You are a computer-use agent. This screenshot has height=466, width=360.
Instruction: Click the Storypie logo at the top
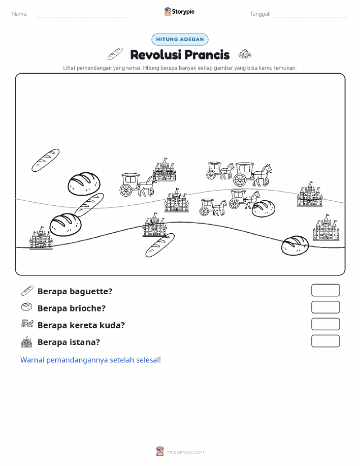pos(179,12)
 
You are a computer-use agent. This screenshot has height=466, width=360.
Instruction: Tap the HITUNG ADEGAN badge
pos(180,39)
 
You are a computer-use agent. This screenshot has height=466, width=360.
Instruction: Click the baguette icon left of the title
pos(115,53)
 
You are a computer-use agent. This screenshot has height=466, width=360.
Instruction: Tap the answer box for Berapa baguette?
pos(325,290)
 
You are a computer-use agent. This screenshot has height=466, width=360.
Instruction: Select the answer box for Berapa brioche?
pos(325,307)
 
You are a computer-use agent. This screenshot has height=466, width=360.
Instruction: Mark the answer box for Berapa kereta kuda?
pos(325,324)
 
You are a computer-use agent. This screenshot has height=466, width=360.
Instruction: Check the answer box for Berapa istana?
pos(325,341)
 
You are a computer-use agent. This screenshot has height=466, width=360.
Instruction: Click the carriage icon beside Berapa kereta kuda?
pos(27,323)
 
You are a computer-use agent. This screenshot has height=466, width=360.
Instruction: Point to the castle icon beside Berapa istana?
pos(27,342)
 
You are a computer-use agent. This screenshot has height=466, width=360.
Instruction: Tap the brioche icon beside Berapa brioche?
pos(27,307)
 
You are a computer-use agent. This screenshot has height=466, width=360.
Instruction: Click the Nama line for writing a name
pos(83,17)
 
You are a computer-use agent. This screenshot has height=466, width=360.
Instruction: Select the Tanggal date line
pos(311,17)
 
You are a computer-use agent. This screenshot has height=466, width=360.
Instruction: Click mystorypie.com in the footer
pos(185,452)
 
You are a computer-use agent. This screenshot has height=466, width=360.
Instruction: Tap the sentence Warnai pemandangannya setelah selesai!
pos(90,360)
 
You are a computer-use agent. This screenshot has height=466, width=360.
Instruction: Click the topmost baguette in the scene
pos(46,160)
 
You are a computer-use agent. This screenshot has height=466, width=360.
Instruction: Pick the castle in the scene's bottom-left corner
pos(41,237)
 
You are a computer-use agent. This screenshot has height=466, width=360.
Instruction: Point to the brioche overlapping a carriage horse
pos(263,208)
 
